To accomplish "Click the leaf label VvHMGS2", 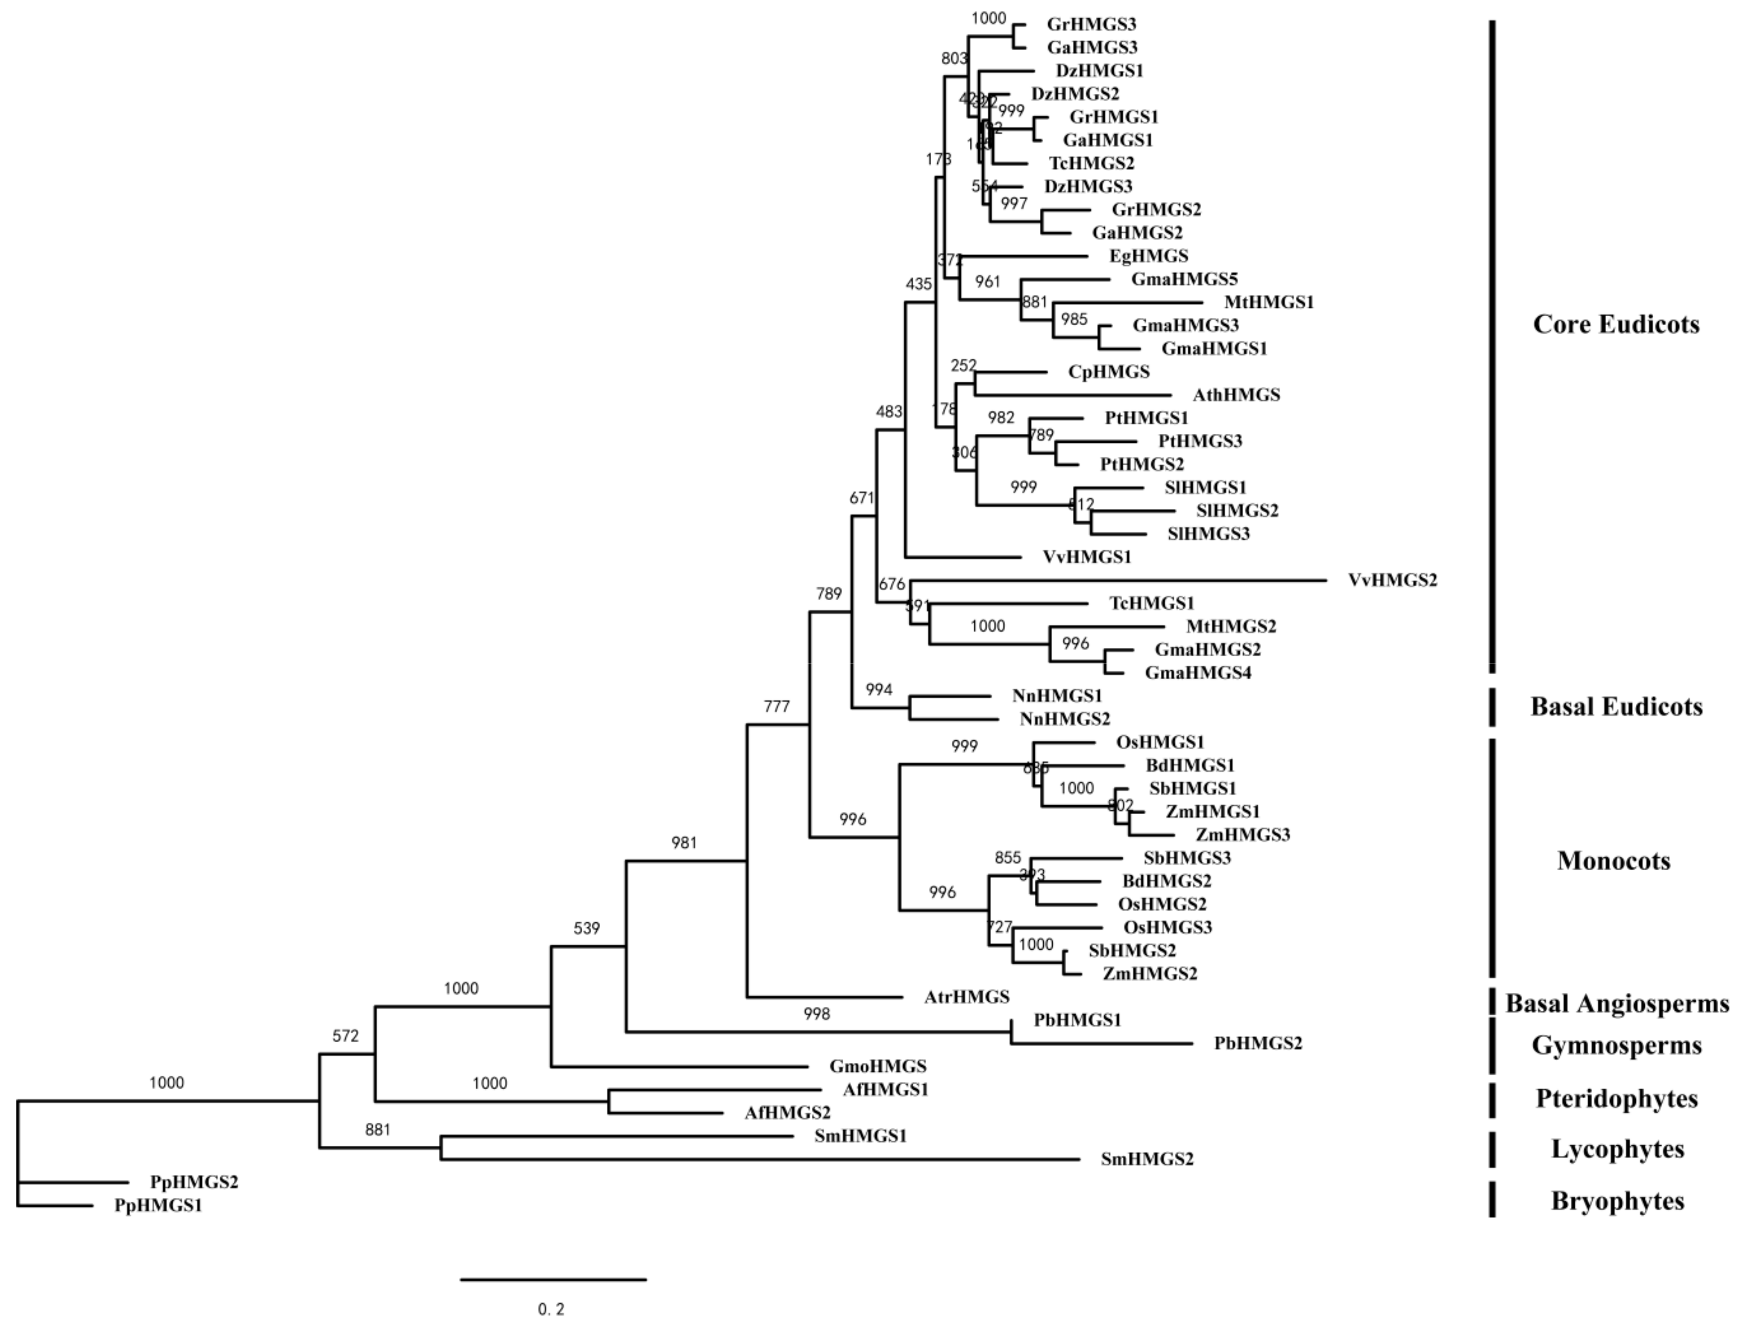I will (1392, 580).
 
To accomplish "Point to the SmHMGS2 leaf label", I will (1147, 1160).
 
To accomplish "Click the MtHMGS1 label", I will (1269, 302).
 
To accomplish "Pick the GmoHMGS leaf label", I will (877, 1066).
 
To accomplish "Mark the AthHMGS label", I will (1236, 395).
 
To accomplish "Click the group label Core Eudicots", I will (1616, 324).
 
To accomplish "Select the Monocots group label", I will (1613, 860).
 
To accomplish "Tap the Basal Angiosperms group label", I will (1616, 1003).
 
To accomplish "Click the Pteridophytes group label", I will (1616, 1098).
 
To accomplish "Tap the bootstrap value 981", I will (684, 843).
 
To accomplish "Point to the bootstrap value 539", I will (586, 929).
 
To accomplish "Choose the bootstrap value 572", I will (345, 1036).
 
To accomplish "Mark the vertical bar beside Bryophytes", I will (1492, 1200).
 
